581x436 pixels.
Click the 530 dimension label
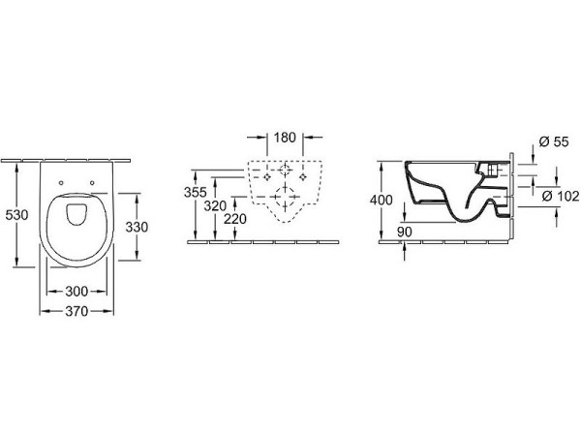point(16,215)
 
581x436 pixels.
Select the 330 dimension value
point(137,227)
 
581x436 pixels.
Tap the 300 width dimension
point(76,292)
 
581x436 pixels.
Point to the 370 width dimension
point(76,311)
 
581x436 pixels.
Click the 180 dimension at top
point(285,138)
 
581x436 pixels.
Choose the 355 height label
point(196,192)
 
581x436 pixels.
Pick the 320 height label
point(215,205)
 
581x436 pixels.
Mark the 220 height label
point(235,219)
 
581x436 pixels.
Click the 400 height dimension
point(382,201)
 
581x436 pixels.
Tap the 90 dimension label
point(404,233)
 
